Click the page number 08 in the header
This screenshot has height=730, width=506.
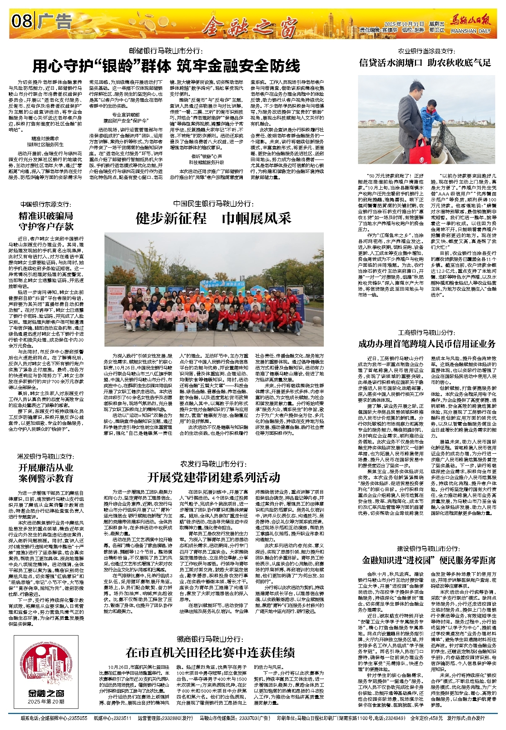(22, 22)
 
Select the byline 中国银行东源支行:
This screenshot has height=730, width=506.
(45, 204)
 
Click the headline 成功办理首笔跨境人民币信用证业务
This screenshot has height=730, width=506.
(427, 344)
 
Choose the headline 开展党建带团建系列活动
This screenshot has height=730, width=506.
(213, 477)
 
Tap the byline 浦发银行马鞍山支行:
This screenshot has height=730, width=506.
(46, 456)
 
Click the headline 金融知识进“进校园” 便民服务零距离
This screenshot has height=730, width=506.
(429, 560)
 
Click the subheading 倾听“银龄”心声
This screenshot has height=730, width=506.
(207, 156)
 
